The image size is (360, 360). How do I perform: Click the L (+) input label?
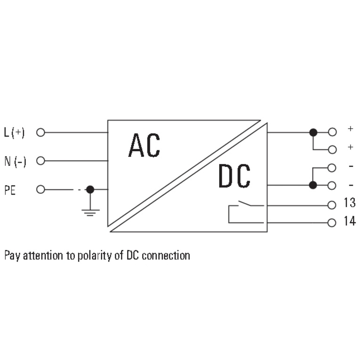click(14, 132)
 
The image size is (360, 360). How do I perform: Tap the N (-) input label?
click(15, 161)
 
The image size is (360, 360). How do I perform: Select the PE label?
click(10, 190)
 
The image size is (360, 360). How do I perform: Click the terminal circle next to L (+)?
click(41, 132)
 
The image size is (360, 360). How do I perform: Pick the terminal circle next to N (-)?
click(41, 161)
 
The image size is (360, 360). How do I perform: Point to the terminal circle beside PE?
click(41, 189)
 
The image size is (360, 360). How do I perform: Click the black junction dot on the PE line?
click(90, 189)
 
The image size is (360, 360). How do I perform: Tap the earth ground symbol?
click(90, 213)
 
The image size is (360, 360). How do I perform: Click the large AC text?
click(144, 145)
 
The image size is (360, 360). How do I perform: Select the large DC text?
click(234, 176)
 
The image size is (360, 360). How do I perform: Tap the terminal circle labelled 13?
click(332, 205)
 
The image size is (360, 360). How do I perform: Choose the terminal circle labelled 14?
click(332, 223)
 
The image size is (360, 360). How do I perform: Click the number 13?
click(350, 203)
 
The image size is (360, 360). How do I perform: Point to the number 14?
click(350, 221)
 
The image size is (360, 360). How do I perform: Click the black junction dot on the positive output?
click(313, 132)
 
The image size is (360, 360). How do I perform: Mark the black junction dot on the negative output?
click(313, 185)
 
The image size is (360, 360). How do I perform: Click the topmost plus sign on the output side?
click(351, 129)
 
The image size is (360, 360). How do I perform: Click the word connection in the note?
click(166, 255)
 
